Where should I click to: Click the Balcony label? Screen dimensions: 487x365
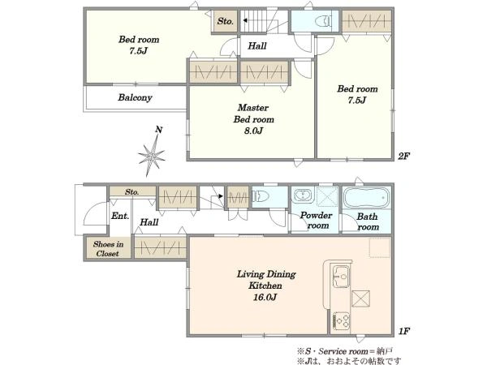coord(135,97)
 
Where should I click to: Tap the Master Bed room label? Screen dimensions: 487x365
coord(254,114)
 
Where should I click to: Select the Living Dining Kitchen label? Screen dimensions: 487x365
coord(266,280)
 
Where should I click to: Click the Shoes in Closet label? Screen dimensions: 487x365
coord(108,249)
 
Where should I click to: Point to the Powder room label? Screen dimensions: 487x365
coord(317,221)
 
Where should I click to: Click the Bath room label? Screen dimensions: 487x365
coord(368,221)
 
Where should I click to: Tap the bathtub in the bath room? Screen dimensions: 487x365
coord(367,197)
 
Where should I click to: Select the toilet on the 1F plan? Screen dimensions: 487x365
coord(261,196)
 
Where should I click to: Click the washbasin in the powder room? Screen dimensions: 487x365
coord(301,195)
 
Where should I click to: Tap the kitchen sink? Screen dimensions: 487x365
coord(341,277)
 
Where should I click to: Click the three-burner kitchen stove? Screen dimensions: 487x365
coord(341,321)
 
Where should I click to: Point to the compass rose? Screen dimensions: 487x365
coord(152,156)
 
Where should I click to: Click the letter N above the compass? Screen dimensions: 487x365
coord(159,130)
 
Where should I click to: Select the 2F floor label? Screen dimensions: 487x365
coord(403,156)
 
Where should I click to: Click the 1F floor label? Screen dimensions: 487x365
coord(404,331)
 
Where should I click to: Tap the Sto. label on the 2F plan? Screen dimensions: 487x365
coord(225,21)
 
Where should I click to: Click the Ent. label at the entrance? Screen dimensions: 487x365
coord(120,216)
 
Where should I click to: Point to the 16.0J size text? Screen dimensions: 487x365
coord(265,298)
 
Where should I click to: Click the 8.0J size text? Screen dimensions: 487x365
coord(253,131)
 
